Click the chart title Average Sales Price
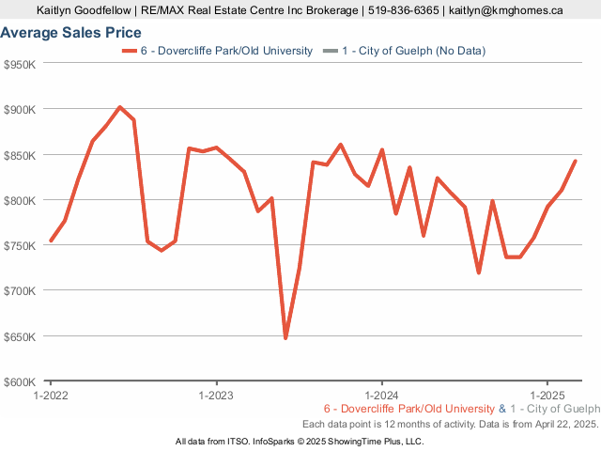tap(70, 33)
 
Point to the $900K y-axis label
tap(20, 109)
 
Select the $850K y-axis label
tap(20, 154)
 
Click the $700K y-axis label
tap(20, 290)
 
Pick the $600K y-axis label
tap(20, 381)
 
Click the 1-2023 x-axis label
tap(217, 395)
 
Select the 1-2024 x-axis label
tap(382, 395)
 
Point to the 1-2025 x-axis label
tap(547, 395)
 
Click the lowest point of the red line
tap(285, 338)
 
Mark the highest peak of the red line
tap(119, 107)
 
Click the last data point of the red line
tap(575, 161)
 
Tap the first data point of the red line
tap(51, 241)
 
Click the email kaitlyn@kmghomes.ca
tap(505, 10)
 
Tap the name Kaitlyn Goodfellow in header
tap(84, 10)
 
